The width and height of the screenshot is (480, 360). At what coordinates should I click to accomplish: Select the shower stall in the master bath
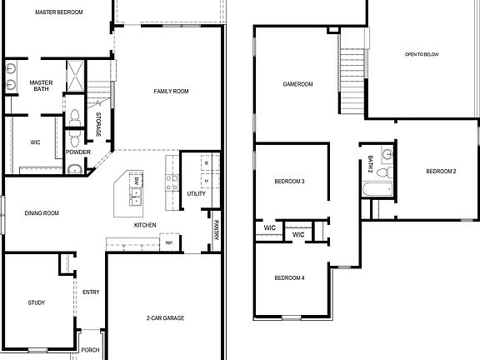coord(73,76)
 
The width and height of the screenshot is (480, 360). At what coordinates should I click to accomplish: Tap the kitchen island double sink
coord(136,196)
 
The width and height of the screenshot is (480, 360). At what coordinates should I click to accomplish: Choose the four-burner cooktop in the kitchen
coord(172,182)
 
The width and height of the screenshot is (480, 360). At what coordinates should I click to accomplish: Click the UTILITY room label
coord(196,193)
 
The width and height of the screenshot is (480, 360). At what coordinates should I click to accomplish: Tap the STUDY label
coord(36,302)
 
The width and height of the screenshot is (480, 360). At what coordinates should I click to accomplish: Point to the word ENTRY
coord(90,292)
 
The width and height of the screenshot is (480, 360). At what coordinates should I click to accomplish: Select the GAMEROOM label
coord(297,84)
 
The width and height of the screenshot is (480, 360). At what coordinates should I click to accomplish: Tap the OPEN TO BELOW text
coord(422,55)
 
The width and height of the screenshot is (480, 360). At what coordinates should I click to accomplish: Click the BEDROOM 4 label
coord(290,277)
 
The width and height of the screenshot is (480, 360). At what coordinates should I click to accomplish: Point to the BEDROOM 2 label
coord(441,171)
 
